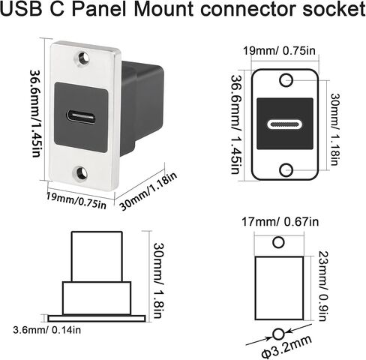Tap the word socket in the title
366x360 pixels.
pos(334,9)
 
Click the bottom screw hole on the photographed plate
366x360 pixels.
pos(81,172)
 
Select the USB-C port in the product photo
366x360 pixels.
pos(81,117)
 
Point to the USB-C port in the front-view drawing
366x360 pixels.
pos(285,124)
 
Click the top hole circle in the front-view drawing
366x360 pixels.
pos(286,80)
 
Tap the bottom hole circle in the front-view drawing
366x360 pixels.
pos(286,170)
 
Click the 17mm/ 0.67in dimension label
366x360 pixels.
pos(280,222)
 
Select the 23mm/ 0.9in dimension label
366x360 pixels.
pos(323,286)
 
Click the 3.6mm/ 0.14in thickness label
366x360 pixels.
pos(47,330)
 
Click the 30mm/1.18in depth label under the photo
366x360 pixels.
pos(148,190)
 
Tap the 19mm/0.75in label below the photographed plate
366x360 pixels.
pos(76,201)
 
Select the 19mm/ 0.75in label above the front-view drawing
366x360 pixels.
pos(279,51)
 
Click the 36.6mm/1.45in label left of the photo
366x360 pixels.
pos(35,113)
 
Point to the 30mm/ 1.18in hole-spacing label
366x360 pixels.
pos(335,129)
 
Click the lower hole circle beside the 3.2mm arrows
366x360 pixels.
pos(278,334)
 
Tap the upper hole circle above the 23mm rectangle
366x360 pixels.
pos(278,242)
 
